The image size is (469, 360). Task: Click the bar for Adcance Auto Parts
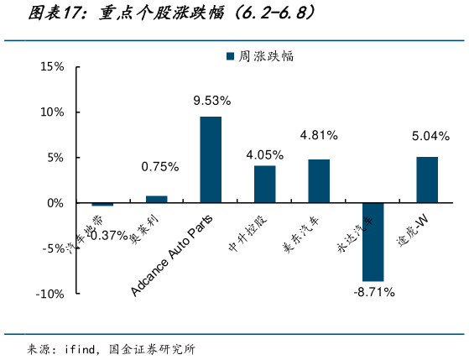pyautogui.click(x=211, y=159)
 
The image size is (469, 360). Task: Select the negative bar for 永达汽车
pyautogui.click(x=373, y=242)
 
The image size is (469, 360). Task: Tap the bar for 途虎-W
pyautogui.click(x=427, y=180)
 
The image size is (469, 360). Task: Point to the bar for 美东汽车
pyautogui.click(x=319, y=180)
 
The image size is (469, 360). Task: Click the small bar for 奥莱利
pyautogui.click(x=157, y=199)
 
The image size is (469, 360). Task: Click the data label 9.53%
pyautogui.click(x=211, y=101)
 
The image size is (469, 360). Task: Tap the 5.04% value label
pyautogui.click(x=430, y=136)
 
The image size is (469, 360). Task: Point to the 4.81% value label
pyautogui.click(x=319, y=134)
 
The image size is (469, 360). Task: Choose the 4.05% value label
pyautogui.click(x=265, y=154)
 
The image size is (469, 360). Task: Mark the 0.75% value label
pyautogui.click(x=159, y=167)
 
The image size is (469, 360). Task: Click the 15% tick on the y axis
pyautogui.click(x=52, y=66)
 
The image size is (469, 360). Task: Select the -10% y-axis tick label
pyautogui.click(x=49, y=294)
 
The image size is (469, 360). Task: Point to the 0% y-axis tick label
pyautogui.click(x=55, y=203)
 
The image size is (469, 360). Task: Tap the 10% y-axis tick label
pyautogui.click(x=52, y=112)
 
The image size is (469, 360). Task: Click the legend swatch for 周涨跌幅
pyautogui.click(x=230, y=56)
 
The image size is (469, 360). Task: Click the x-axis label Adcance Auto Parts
pyautogui.click(x=173, y=254)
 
